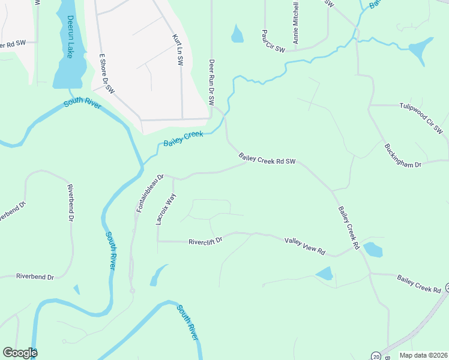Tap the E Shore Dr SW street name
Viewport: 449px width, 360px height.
tap(106, 73)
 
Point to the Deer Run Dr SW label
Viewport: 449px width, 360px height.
tap(211, 82)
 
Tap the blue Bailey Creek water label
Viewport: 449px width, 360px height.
tap(184, 138)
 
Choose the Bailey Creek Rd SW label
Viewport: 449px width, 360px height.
tap(268, 160)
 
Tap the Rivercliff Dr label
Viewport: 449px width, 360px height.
tap(205, 242)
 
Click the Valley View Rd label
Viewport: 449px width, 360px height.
tap(304, 245)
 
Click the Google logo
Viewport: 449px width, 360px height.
tap(20, 353)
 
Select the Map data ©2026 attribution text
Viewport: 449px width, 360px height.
tap(423, 355)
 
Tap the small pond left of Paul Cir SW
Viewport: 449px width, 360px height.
tap(237, 34)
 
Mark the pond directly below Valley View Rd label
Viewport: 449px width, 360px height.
tap(325, 274)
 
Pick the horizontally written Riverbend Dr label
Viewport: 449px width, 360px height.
tap(35, 277)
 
